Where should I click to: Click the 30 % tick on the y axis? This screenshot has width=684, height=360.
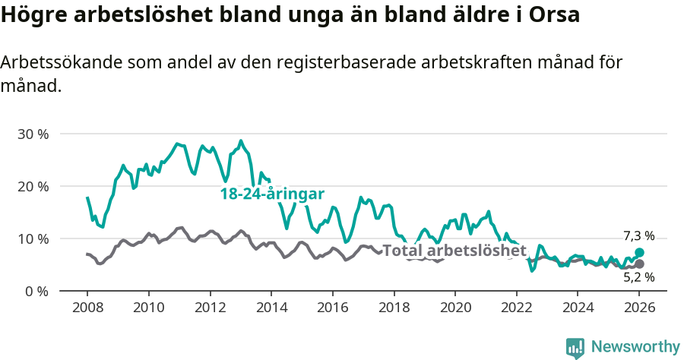pos(32,134)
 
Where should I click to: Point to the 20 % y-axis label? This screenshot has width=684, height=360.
pos(32,186)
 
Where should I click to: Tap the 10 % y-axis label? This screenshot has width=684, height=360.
pos(32,238)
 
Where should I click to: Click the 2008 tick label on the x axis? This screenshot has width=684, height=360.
pos(87,309)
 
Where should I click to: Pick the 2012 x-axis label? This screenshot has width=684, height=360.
pos(210,309)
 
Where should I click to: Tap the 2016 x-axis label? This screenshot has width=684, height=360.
pos(332,309)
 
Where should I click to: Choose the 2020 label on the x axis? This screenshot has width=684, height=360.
pos(455,309)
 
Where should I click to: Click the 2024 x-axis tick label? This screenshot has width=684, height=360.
pos(578,309)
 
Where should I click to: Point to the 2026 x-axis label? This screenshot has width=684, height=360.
pos(639,309)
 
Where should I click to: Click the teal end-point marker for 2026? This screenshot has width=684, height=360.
pos(639,252)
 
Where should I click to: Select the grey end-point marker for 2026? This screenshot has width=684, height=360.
pos(639,264)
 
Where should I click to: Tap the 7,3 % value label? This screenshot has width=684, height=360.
pos(638,236)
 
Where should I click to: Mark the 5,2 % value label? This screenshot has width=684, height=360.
pos(638,278)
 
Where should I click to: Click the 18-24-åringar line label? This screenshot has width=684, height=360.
pos(272,194)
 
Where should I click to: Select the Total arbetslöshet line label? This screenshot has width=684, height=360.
pos(454,251)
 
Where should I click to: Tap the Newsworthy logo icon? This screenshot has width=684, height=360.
pos(575,347)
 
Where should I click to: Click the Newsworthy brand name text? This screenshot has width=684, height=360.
pos(635,347)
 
